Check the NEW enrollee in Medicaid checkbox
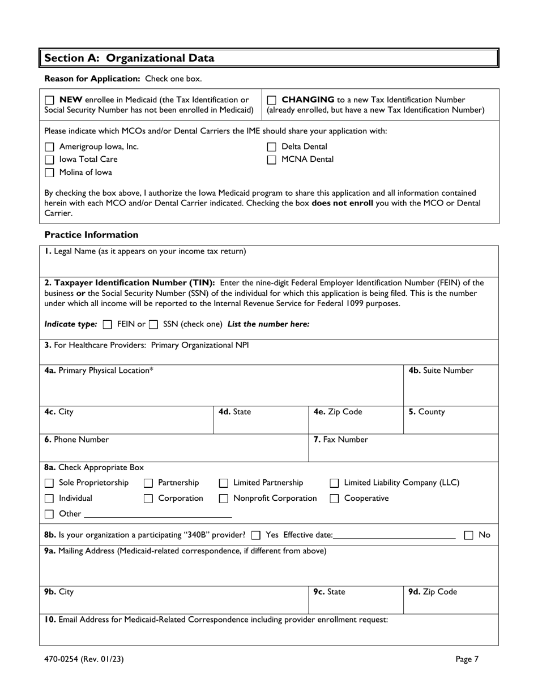pyautogui.click(x=50, y=100)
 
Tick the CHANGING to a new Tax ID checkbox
pyautogui.click(x=272, y=100)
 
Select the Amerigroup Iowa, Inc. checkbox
pyautogui.click(x=50, y=147)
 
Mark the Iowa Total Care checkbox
pyautogui.click(x=50, y=160)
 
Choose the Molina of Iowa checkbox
pyautogui.click(x=50, y=173)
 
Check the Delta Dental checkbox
pyautogui.click(x=272, y=147)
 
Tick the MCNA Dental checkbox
pyautogui.click(x=272, y=160)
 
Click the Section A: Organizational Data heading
pyautogui.click(x=130, y=58)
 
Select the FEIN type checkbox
pyautogui.click(x=108, y=325)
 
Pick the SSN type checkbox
pyautogui.click(x=153, y=325)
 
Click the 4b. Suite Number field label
pyautogui.click(x=441, y=371)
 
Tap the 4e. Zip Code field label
pyautogui.click(x=338, y=412)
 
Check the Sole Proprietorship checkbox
pyautogui.click(x=50, y=483)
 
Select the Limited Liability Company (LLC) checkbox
pyautogui.click(x=335, y=483)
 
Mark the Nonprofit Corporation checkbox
pyautogui.click(x=224, y=499)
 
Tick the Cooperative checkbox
pyautogui.click(x=335, y=499)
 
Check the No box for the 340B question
pyautogui.click(x=469, y=535)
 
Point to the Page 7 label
pyautogui.click(x=467, y=659)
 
